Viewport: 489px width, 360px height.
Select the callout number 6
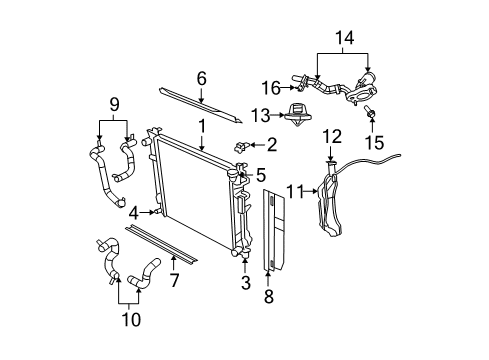tap(201, 78)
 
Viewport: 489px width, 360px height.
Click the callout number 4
tap(132, 212)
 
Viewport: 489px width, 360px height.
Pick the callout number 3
tap(244, 283)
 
